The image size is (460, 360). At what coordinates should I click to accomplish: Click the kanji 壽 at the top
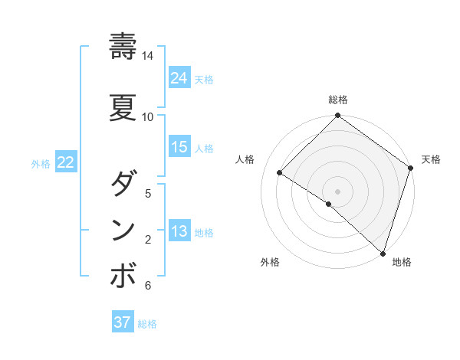point(123,47)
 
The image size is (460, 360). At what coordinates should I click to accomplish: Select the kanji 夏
point(123,106)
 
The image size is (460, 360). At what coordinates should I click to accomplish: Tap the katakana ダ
point(123,184)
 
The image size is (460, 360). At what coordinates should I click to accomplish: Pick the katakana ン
point(123,230)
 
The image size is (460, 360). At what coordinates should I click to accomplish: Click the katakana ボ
point(123,277)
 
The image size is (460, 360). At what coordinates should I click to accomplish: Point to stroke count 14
point(148,56)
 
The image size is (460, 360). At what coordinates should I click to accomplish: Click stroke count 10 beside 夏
point(148,116)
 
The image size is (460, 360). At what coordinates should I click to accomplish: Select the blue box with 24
point(179,78)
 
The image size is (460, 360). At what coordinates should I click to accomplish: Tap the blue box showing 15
point(179,147)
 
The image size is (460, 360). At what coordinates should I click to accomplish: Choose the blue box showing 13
point(179,231)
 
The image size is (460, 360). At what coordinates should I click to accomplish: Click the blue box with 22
point(65,162)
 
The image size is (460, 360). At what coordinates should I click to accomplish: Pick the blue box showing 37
point(123,322)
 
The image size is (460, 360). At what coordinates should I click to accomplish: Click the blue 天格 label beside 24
point(204,80)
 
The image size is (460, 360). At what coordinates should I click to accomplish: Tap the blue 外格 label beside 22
point(41,163)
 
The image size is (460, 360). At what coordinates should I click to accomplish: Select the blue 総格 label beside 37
point(147,324)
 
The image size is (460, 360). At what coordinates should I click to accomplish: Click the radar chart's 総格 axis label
point(338,100)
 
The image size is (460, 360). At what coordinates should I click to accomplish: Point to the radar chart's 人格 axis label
point(245,159)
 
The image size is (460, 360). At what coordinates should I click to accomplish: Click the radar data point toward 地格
point(383,252)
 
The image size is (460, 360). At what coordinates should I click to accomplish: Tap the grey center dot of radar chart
point(337,191)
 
